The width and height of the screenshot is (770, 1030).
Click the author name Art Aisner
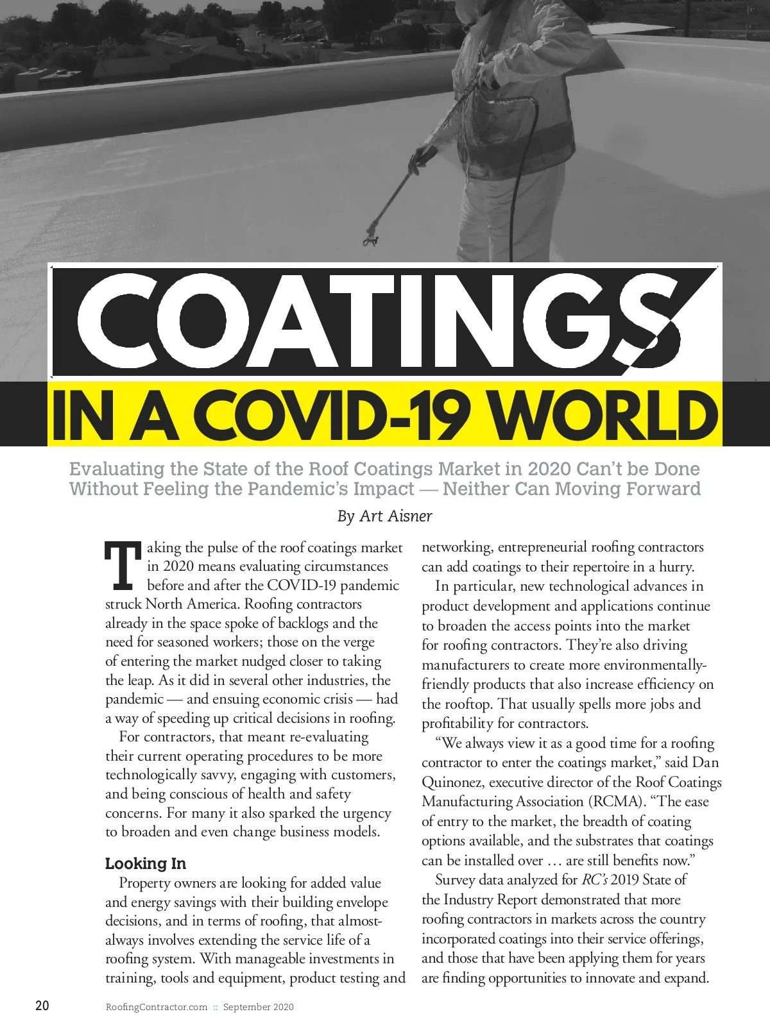(x=396, y=516)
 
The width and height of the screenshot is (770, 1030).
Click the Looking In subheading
(x=146, y=863)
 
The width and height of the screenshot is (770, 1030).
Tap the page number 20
(x=42, y=1006)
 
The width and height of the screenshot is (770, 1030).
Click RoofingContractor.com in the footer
(x=157, y=1007)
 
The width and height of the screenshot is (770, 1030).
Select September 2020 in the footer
(x=259, y=1007)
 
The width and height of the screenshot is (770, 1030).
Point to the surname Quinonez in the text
(x=449, y=782)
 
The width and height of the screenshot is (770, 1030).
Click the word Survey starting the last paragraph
(x=456, y=880)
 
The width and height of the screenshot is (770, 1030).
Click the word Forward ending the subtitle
(x=663, y=489)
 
